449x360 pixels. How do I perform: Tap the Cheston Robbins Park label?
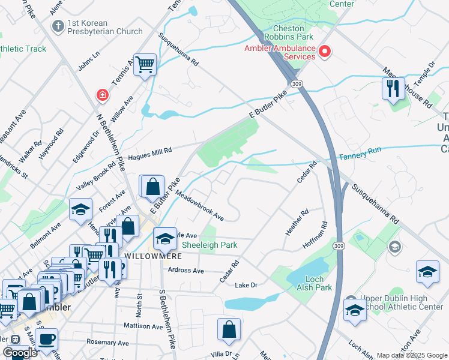point(292,33)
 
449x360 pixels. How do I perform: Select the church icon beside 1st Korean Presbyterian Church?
point(58,26)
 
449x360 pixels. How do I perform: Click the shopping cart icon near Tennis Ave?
point(145,64)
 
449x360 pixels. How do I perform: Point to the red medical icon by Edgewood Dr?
point(103,95)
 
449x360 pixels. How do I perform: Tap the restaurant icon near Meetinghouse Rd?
point(393,89)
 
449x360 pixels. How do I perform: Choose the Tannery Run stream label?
point(360,156)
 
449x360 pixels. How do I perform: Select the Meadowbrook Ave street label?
point(200,206)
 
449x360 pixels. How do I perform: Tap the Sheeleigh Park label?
point(210,245)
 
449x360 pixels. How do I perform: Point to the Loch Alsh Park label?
point(314,283)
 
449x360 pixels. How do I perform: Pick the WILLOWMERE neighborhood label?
point(150,255)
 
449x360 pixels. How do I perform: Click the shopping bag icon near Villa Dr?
point(229,329)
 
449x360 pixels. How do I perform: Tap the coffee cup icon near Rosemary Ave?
point(46,339)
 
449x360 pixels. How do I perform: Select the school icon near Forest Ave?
point(80,209)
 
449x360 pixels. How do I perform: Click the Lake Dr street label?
point(246,285)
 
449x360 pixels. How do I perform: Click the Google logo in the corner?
point(20,353)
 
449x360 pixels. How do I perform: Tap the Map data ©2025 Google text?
point(411,355)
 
